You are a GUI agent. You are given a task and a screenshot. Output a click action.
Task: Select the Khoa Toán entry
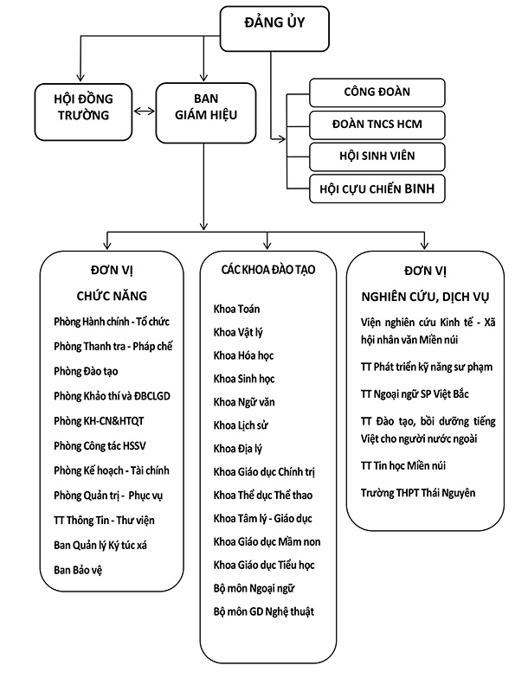tap(237, 309)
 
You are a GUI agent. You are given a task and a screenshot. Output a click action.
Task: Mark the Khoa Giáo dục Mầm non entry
tap(268, 541)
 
